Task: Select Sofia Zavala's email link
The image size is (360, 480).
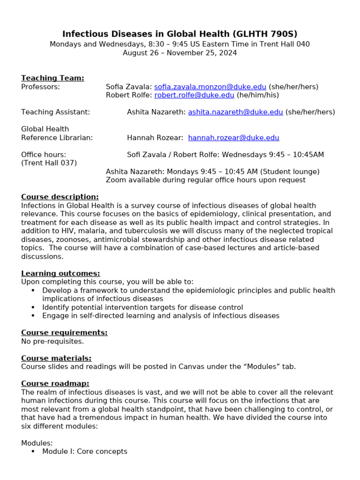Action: click(210, 87)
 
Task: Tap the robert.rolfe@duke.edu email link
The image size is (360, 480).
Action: click(194, 95)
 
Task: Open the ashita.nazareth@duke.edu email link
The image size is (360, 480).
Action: click(235, 112)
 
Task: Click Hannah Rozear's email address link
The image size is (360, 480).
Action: click(233, 138)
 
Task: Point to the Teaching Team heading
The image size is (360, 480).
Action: click(52, 78)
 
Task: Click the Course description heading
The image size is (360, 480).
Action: click(60, 197)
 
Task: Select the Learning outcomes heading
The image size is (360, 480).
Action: click(60, 273)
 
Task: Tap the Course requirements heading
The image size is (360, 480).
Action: click(64, 332)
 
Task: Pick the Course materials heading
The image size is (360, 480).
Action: click(56, 358)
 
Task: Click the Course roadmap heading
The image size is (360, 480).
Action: click(55, 383)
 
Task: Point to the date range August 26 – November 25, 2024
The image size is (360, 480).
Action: click(180, 53)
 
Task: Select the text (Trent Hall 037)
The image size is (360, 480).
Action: click(49, 163)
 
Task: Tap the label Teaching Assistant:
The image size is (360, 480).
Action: click(56, 112)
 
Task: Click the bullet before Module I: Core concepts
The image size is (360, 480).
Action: click(33, 451)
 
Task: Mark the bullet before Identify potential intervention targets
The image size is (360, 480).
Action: click(33, 307)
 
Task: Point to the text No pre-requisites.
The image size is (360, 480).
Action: click(52, 341)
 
